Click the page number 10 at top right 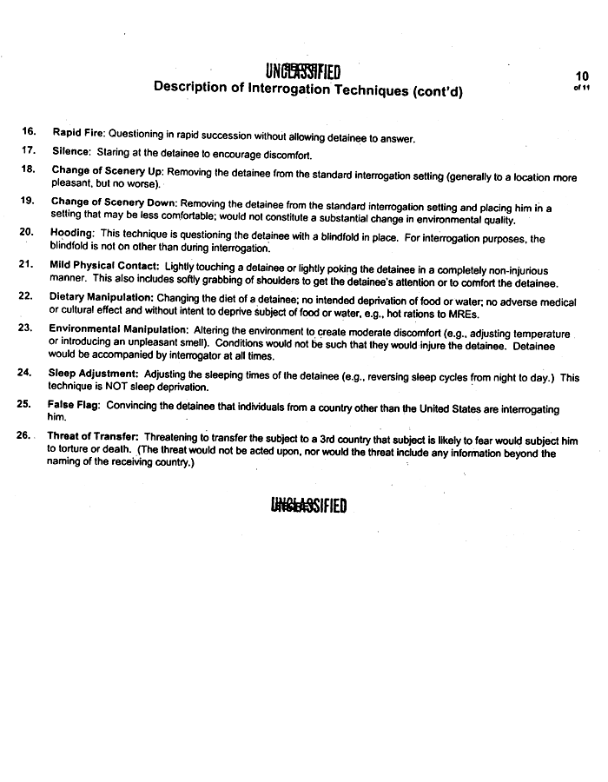pyautogui.click(x=582, y=76)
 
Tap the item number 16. pyautogui.click(x=29, y=131)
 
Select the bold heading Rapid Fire pyautogui.click(x=78, y=133)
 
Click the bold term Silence pyautogui.click(x=71, y=151)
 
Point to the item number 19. pyautogui.click(x=27, y=200)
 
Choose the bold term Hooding pyautogui.click(x=71, y=233)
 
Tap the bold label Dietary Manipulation pyautogui.click(x=102, y=296)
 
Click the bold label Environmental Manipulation pyautogui.click(x=118, y=328)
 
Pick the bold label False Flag pyautogui.click(x=72, y=405)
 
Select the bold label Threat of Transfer pyautogui.click(x=93, y=436)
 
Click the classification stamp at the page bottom pyautogui.click(x=309, y=505)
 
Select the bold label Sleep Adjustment pyautogui.click(x=93, y=373)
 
